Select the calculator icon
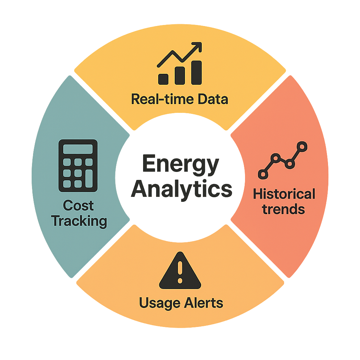78,165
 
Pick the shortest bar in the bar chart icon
163,78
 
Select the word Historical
284,194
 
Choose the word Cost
78,206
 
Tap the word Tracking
79,221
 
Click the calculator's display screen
78,149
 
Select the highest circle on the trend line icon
302,146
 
